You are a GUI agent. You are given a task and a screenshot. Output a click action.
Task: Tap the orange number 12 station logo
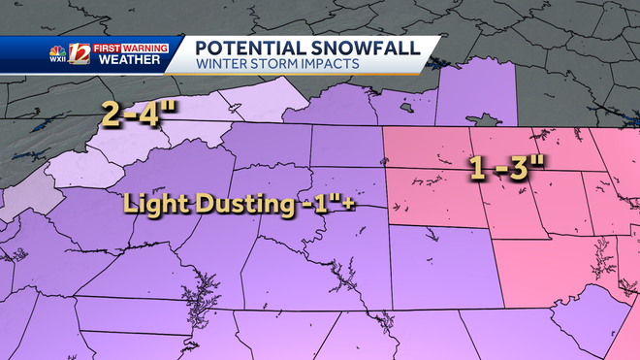(80, 54)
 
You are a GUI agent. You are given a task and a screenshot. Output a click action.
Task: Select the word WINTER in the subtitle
(216, 64)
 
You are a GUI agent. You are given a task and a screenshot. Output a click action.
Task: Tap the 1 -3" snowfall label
(506, 166)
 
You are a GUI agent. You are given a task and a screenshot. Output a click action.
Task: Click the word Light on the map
(150, 206)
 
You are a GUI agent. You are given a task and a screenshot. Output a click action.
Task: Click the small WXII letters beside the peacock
(59, 60)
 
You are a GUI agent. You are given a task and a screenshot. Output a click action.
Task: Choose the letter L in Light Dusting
(129, 206)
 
